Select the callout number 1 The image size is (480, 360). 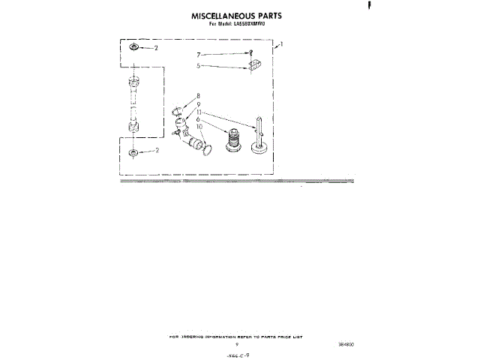280,45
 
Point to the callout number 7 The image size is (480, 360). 199,55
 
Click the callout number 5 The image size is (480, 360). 199,65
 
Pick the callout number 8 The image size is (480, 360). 198,95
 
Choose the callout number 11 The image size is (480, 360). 199,111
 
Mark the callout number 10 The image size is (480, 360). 199,127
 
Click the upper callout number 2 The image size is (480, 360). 156,48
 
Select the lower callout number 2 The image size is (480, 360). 156,151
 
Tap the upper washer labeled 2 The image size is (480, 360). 133,48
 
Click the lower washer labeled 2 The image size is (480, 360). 133,153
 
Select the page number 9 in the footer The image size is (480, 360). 236,344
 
